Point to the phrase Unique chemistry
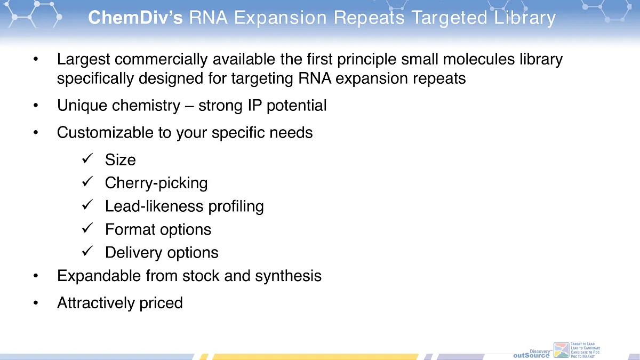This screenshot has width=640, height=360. point(118,106)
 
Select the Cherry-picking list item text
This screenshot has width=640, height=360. point(156,183)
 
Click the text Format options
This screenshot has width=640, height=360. point(158,229)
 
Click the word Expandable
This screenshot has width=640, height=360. point(99,276)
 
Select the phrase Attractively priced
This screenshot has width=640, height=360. point(120,303)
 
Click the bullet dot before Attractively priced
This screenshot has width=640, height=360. point(36,303)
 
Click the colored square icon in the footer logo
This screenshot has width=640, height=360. point(562,350)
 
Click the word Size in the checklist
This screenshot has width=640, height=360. point(121,160)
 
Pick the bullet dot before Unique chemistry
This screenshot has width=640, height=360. point(36,106)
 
